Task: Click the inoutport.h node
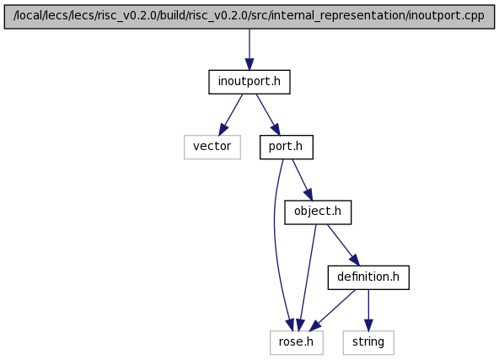(x=249, y=82)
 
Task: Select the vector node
(x=212, y=147)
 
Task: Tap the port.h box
(x=287, y=147)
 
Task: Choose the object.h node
(x=318, y=212)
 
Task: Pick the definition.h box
(x=368, y=277)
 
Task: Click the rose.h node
(x=297, y=342)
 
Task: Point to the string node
(x=368, y=342)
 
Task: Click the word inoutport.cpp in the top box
(x=447, y=15)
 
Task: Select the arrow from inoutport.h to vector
(x=231, y=115)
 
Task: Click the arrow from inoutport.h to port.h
(x=268, y=115)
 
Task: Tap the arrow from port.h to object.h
(x=303, y=180)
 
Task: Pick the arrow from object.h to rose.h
(x=308, y=277)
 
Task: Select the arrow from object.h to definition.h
(x=343, y=244)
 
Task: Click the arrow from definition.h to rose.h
(x=332, y=310)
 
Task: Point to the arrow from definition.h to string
(x=368, y=310)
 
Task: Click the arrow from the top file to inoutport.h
(x=249, y=50)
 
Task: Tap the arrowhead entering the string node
(x=368, y=325)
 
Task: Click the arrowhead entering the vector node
(x=223, y=130)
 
